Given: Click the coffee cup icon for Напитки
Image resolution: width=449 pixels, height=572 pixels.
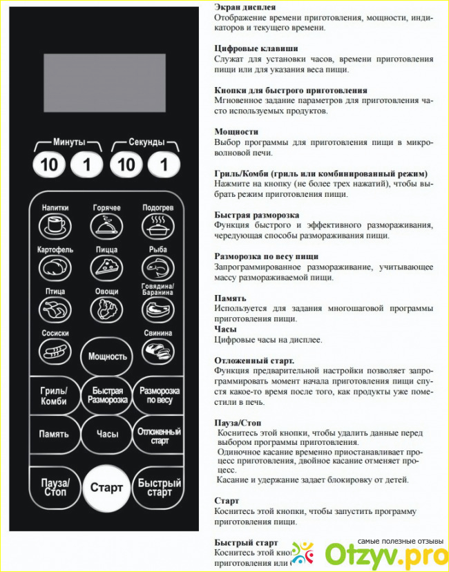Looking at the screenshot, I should (x=55, y=225).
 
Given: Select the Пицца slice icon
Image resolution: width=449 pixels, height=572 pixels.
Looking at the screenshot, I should (x=106, y=267).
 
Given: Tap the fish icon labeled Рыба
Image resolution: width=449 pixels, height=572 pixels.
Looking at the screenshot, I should (x=157, y=267).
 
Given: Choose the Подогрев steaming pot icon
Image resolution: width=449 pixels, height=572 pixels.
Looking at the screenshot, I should (x=157, y=225).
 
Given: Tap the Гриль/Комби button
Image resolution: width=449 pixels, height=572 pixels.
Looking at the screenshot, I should (x=54, y=396).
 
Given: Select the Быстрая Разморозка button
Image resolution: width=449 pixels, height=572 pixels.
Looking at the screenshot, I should (x=107, y=396).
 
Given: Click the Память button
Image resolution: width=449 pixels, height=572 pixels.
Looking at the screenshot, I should (x=54, y=434).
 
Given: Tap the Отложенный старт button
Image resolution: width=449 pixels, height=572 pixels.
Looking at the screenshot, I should (x=159, y=435).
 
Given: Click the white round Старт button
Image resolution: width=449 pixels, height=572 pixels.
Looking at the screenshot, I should (x=106, y=487).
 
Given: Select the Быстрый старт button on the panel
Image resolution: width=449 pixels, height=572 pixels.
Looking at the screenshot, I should (x=159, y=488).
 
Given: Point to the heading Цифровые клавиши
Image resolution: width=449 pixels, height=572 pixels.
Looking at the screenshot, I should (x=256, y=49).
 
